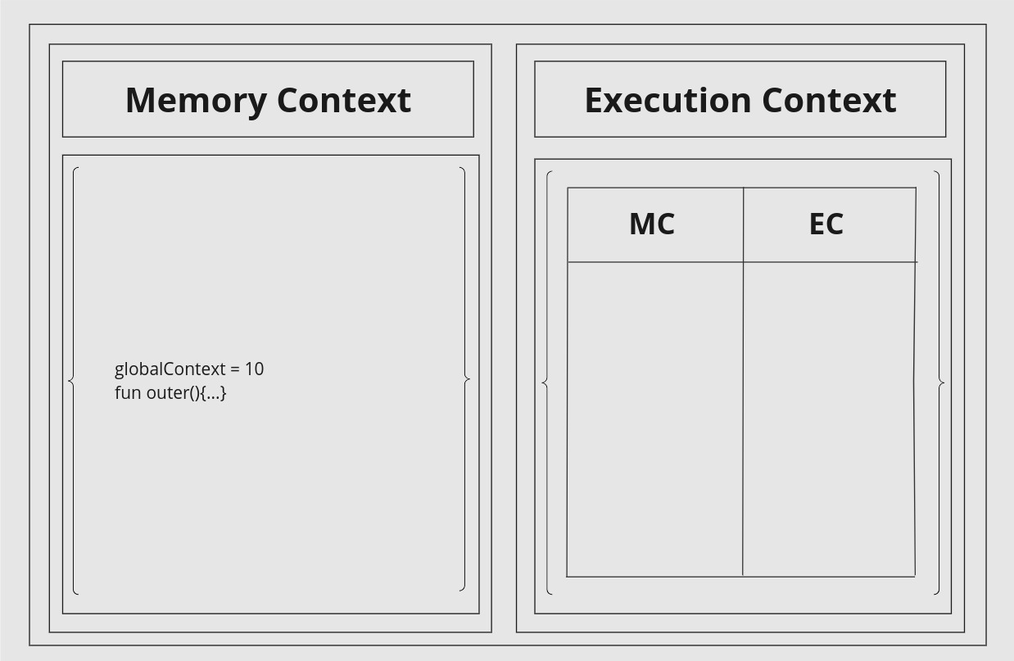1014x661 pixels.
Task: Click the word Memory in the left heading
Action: [x=196, y=102]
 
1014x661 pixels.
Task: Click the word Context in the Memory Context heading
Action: [x=344, y=100]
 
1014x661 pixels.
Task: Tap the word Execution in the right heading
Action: [x=668, y=100]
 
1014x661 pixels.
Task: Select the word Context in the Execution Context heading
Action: [x=829, y=100]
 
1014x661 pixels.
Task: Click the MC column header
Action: [x=652, y=224]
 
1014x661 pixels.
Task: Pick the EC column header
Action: [x=826, y=224]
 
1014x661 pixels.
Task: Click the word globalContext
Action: [x=170, y=369]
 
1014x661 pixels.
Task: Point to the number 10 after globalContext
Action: [x=255, y=369]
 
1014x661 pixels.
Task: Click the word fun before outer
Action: [x=128, y=392]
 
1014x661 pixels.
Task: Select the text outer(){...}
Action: [x=186, y=393]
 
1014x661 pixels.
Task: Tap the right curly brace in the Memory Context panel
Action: [x=465, y=379]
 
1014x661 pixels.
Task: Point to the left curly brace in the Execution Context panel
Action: [x=547, y=383]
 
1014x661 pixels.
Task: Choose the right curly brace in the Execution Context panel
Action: [x=939, y=383]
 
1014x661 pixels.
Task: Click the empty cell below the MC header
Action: [x=655, y=419]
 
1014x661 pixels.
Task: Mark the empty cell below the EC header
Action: [x=828, y=419]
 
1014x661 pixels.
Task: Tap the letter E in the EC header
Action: [x=817, y=224]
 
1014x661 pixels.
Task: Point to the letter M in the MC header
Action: [x=641, y=224]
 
